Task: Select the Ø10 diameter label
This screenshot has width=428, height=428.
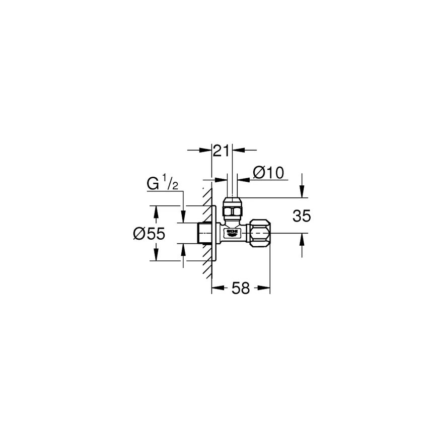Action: (268, 173)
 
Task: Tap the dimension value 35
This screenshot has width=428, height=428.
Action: (302, 216)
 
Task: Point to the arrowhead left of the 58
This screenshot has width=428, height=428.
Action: (217, 288)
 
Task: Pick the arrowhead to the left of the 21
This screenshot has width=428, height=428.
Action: (205, 150)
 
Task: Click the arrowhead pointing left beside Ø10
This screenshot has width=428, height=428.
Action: (242, 179)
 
